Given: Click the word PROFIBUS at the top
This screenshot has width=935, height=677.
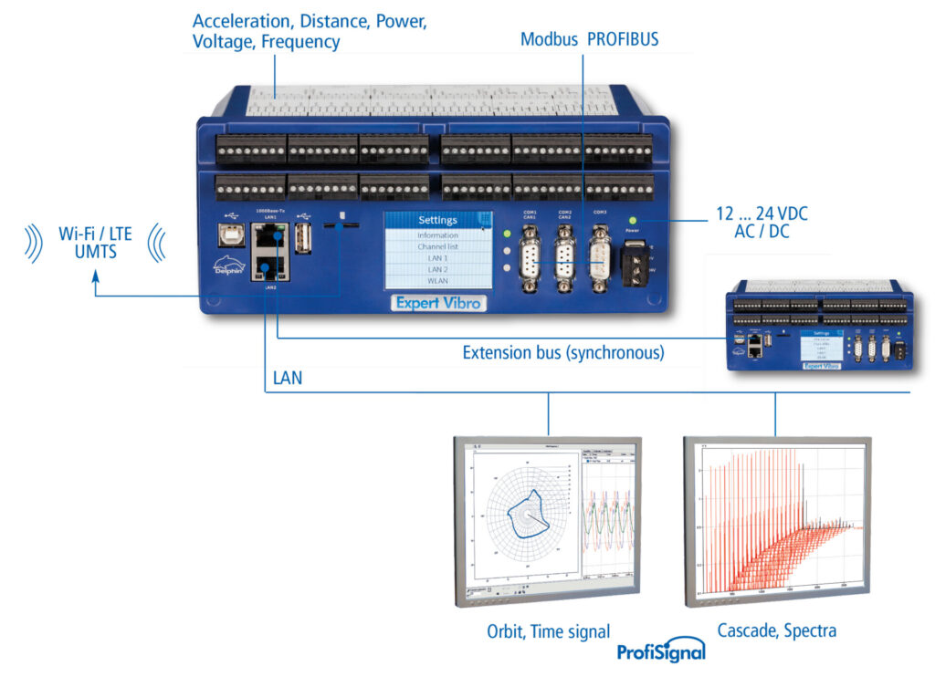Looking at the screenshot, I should [x=623, y=40].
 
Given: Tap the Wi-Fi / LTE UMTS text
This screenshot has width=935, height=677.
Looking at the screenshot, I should [x=95, y=243].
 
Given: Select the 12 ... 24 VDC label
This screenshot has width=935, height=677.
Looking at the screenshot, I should [x=759, y=214].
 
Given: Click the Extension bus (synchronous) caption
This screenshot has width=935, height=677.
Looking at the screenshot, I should [x=563, y=352].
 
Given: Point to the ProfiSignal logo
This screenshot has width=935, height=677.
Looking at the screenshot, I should [x=661, y=651].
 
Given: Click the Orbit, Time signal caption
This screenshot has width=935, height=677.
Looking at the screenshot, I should [x=549, y=630].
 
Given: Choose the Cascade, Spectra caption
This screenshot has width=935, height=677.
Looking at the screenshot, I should [x=776, y=630].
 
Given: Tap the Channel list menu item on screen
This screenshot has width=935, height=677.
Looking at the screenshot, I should [x=437, y=247].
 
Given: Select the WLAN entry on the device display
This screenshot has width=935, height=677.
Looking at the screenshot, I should [x=437, y=282].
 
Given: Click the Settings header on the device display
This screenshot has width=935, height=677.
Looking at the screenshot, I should [x=437, y=220].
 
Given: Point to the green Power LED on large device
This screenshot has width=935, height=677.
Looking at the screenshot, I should [x=631, y=220].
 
